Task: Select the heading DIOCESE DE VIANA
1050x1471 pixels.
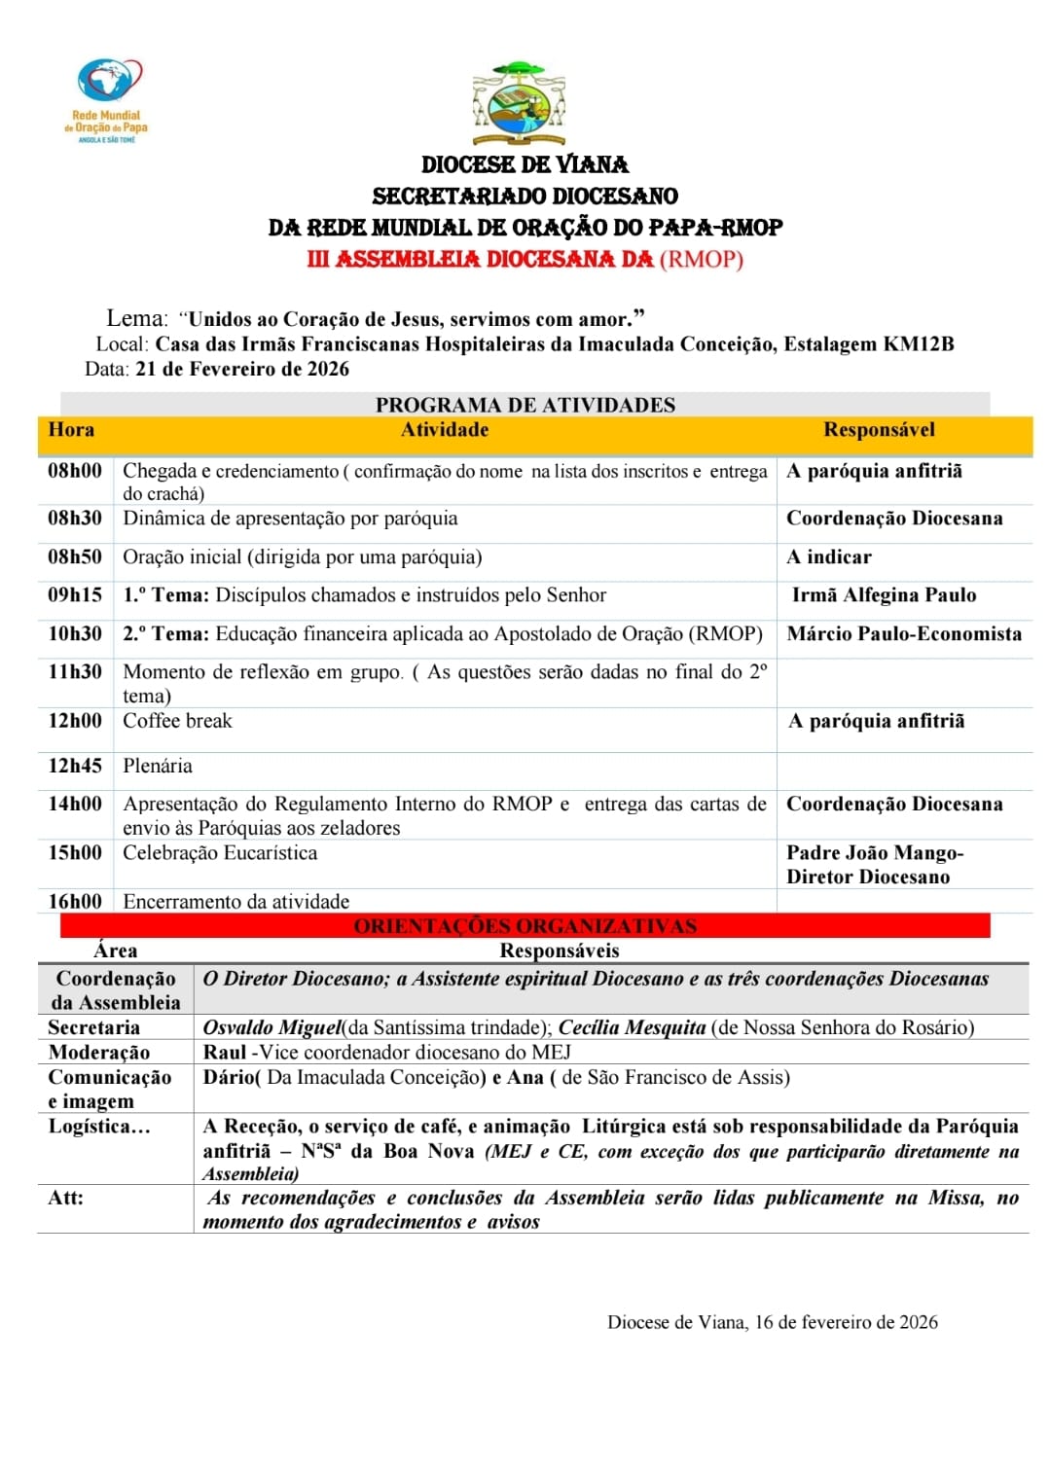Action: pos(525,164)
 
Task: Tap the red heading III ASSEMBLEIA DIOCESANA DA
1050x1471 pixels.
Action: pos(480,260)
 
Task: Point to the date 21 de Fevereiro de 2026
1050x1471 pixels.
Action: pos(242,369)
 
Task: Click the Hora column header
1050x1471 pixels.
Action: pos(71,430)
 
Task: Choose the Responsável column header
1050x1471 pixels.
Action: pos(879,430)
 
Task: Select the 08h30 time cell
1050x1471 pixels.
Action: pos(75,519)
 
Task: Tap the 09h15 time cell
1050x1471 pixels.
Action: pos(75,595)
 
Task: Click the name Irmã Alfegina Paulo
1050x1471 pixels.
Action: pos(884,595)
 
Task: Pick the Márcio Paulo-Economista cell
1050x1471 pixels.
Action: pos(904,634)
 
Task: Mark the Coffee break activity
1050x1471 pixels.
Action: pos(177,721)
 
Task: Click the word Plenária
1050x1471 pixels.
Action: pos(158,766)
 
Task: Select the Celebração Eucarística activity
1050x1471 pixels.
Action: pos(220,853)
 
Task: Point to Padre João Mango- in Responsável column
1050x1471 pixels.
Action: pos(875,853)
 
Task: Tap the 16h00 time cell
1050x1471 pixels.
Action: pos(75,902)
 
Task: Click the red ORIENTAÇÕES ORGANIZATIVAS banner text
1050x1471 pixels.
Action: pos(525,926)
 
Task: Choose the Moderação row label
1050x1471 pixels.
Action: pos(99,1053)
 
